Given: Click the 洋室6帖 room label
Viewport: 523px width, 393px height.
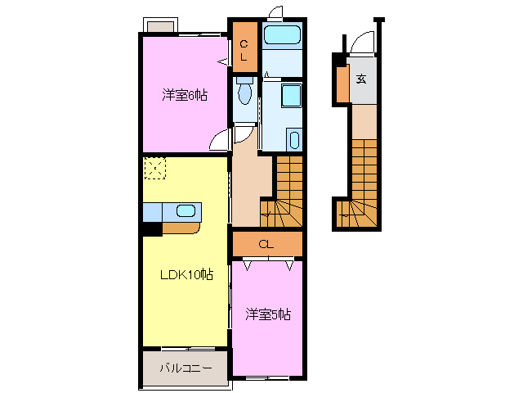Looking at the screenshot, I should click(x=184, y=96).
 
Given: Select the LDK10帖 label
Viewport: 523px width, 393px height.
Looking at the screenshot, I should click(x=186, y=274).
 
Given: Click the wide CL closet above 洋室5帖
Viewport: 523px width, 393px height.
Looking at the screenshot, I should click(x=266, y=244).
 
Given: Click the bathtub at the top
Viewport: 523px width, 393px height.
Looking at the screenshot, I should click(x=284, y=35).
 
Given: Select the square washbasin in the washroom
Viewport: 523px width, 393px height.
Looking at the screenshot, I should click(x=289, y=95).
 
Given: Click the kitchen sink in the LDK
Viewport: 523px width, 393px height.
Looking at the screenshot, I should click(x=186, y=210).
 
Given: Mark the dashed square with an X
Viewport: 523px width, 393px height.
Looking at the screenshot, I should click(x=154, y=168).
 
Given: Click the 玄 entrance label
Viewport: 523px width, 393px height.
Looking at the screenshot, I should click(x=360, y=79).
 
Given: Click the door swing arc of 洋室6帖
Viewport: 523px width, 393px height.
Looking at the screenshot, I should click(x=219, y=140).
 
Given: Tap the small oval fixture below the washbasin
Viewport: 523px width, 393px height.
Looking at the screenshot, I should click(x=294, y=139).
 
